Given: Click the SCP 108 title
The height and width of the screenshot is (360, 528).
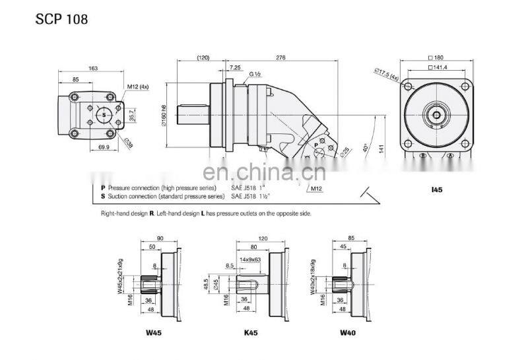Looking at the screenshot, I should pyautogui.click(x=61, y=19).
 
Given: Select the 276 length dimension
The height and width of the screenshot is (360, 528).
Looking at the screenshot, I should pyautogui.click(x=280, y=58).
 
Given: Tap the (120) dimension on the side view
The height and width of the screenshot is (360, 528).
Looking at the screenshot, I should pyautogui.click(x=203, y=58).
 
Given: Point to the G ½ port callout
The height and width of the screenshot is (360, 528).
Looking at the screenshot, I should pyautogui.click(x=255, y=75).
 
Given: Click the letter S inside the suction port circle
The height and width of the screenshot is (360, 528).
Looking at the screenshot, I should pyautogui.click(x=104, y=114).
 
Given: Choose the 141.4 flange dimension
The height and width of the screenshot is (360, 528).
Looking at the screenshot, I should pyautogui.click(x=438, y=67).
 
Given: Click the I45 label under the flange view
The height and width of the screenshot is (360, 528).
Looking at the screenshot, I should pyautogui.click(x=436, y=190).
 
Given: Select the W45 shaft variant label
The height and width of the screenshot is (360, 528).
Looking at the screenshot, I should pyautogui.click(x=152, y=332).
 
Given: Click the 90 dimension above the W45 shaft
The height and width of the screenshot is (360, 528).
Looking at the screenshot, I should pyautogui.click(x=160, y=238).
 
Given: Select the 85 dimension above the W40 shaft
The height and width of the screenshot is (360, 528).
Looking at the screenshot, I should pyautogui.click(x=350, y=238).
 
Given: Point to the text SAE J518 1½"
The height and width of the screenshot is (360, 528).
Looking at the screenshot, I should pyautogui.click(x=251, y=196).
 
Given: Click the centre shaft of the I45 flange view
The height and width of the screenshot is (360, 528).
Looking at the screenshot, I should pyautogui.click(x=436, y=115).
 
